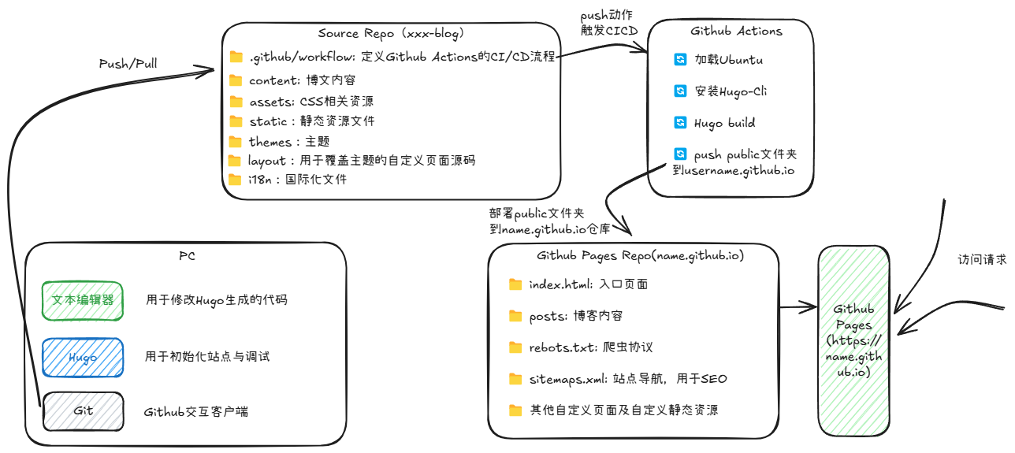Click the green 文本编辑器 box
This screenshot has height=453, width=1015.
click(83, 300)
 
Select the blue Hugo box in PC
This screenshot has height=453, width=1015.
click(83, 358)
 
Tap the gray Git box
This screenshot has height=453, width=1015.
click(83, 411)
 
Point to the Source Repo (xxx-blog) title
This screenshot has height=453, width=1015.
click(391, 33)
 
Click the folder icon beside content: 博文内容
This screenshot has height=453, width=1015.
click(236, 80)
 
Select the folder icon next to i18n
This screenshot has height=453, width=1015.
click(234, 180)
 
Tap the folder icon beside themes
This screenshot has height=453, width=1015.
click(235, 142)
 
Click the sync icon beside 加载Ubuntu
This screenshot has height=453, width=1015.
click(680, 60)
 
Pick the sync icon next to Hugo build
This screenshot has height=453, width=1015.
click(680, 123)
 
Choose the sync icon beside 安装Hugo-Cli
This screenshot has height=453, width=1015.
click(680, 91)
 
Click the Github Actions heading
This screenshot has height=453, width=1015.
click(736, 32)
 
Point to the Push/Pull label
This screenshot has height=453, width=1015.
click(128, 64)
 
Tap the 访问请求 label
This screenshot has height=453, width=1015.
click(982, 259)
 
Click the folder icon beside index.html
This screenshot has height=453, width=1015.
click(516, 284)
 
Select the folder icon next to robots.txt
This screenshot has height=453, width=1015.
click(516, 347)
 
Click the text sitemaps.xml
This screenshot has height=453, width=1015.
click(564, 379)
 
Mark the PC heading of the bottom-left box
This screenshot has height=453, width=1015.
click(187, 256)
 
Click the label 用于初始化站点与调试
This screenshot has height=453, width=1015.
click(207, 357)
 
